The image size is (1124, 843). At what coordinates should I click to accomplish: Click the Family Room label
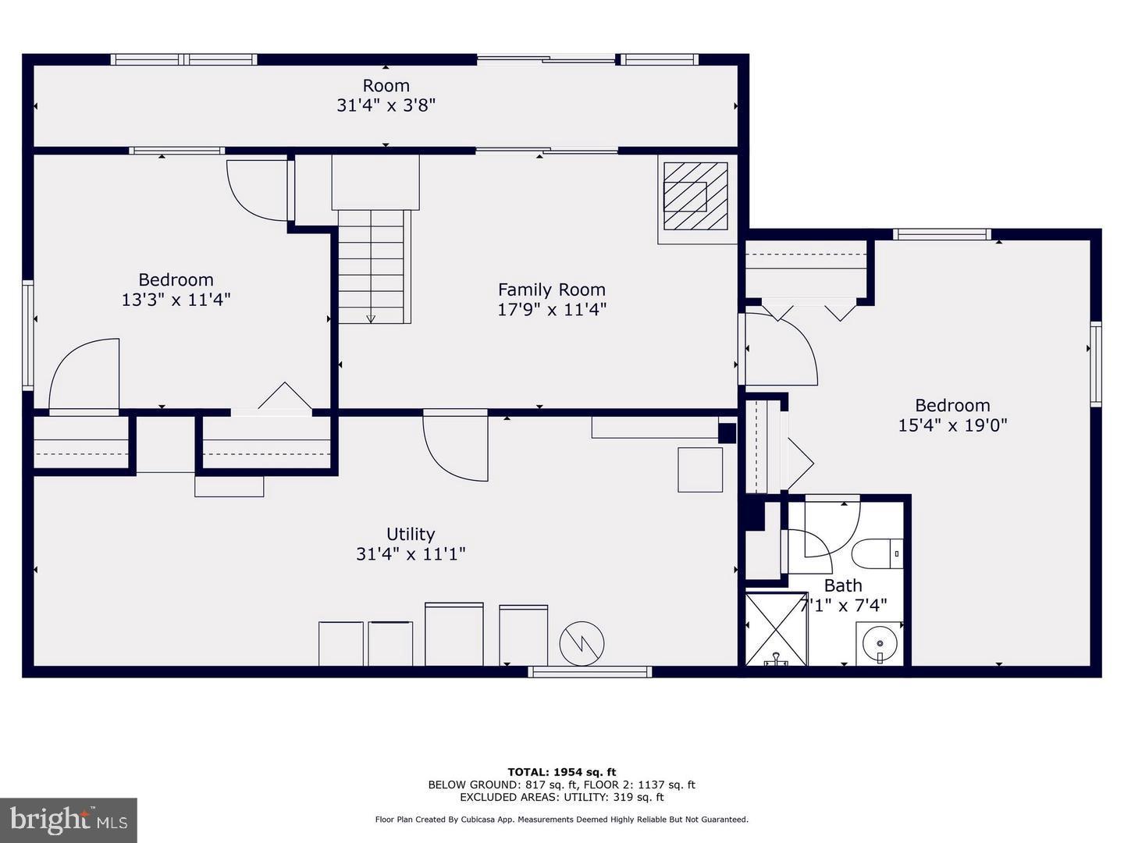pyautogui.click(x=551, y=290)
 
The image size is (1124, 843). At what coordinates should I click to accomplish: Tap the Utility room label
pyautogui.click(x=411, y=534)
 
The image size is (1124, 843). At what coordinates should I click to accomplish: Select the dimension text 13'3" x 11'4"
pyautogui.click(x=176, y=300)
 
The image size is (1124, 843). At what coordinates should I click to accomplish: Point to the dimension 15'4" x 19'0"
pyautogui.click(x=952, y=425)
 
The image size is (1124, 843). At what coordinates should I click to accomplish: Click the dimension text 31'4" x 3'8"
pyautogui.click(x=386, y=105)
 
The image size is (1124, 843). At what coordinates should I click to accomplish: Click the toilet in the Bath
pyautogui.click(x=877, y=553)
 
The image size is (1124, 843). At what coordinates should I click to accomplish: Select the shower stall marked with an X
pyautogui.click(x=776, y=629)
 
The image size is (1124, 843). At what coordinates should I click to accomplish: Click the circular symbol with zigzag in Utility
pyautogui.click(x=582, y=643)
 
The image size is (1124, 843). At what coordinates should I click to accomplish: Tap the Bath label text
pyautogui.click(x=843, y=585)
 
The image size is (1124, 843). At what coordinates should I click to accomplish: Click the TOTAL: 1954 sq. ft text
pyautogui.click(x=561, y=773)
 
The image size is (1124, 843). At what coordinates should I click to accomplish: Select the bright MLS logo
pyautogui.click(x=69, y=820)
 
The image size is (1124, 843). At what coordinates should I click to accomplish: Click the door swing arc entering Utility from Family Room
pyautogui.click(x=455, y=449)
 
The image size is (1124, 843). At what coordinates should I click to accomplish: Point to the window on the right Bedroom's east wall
pyautogui.click(x=1096, y=364)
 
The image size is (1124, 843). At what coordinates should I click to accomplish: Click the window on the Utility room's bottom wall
pyautogui.click(x=590, y=671)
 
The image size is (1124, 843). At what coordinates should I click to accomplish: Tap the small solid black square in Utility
pyautogui.click(x=727, y=433)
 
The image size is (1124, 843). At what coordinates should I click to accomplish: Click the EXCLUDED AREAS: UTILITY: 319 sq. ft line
pyautogui.click(x=561, y=797)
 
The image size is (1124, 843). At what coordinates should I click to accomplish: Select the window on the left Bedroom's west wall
pyautogui.click(x=28, y=336)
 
